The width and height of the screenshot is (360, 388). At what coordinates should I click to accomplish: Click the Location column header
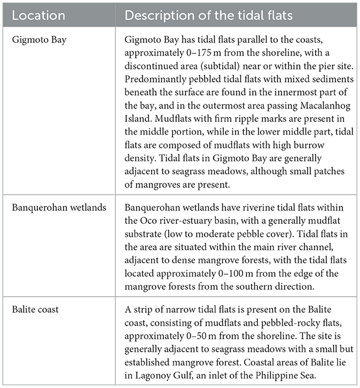point(38,15)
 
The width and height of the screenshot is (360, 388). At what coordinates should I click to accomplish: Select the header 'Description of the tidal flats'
point(208,15)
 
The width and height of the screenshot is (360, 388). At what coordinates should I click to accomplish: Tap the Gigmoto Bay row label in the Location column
point(40,40)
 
